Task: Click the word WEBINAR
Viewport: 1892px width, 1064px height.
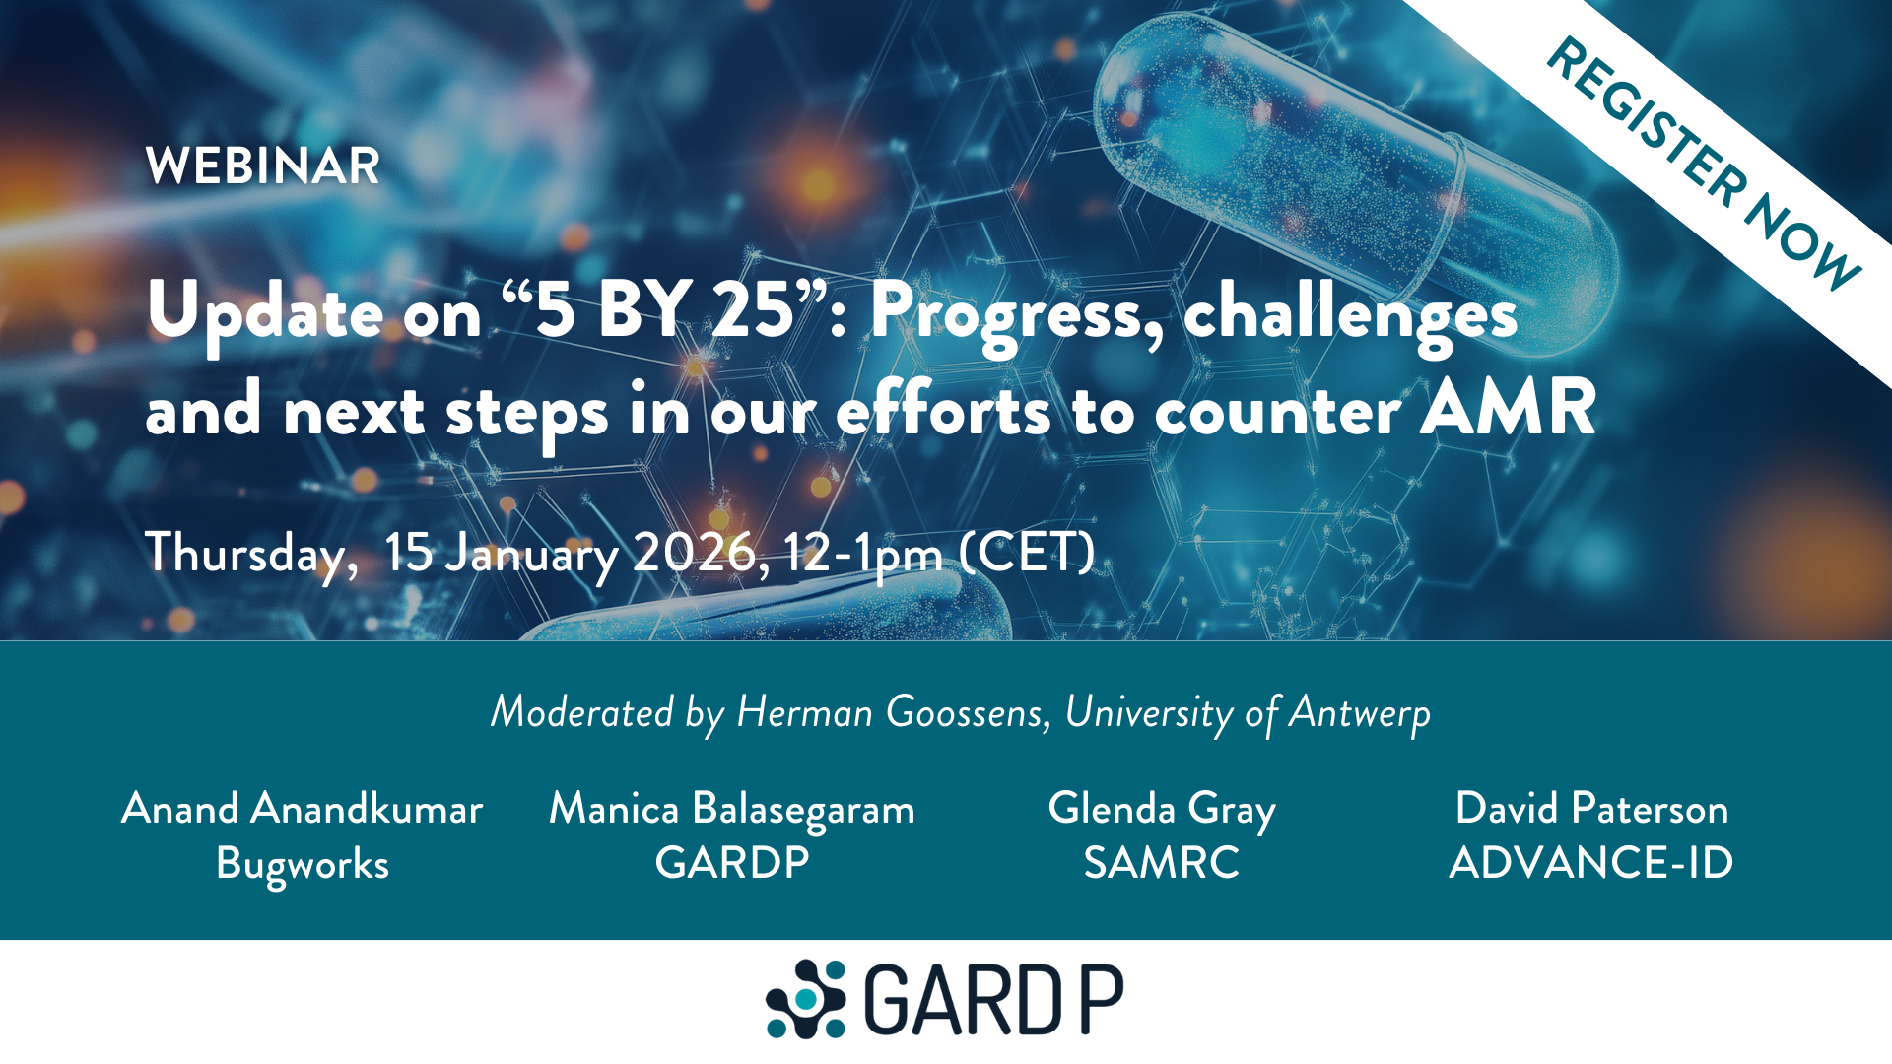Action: pos(262,166)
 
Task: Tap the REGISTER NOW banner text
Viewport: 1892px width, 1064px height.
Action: pos(1703,165)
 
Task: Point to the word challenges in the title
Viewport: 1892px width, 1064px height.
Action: pos(1350,313)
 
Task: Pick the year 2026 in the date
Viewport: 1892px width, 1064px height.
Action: pos(694,553)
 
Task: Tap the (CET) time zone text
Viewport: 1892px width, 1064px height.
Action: pos(1027,553)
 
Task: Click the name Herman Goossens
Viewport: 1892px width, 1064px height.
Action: pos(893,712)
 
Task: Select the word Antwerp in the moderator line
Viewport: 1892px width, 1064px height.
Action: pos(1360,712)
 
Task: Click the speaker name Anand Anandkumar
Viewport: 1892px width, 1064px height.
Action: pos(303,809)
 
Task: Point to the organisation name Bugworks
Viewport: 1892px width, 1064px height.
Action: pos(303,864)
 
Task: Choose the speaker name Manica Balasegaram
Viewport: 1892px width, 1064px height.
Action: pos(732,809)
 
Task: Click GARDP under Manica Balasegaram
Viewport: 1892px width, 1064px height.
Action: pos(732,863)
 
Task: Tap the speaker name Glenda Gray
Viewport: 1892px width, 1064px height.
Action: pos(1162,809)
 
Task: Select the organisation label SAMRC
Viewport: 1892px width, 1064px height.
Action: pos(1162,863)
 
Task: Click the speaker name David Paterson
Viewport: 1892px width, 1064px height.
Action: pos(1591,809)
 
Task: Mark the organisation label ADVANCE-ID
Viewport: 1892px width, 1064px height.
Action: pos(1591,863)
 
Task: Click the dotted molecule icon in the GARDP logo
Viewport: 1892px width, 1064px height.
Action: pos(806,999)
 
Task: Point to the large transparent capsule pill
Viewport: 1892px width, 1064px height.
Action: pos(1350,167)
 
